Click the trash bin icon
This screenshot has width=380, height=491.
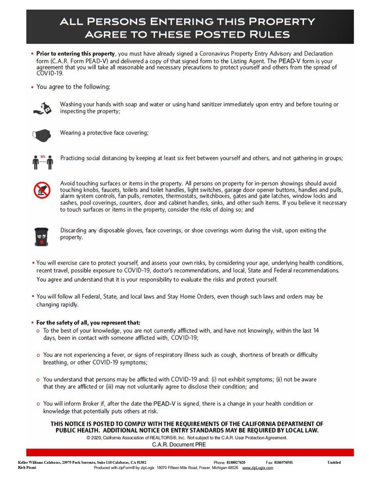(x=41, y=235)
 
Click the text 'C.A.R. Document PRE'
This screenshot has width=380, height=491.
(x=179, y=444)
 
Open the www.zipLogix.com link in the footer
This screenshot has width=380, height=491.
(x=258, y=468)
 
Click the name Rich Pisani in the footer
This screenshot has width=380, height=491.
(x=22, y=468)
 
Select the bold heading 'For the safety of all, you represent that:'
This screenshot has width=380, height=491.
(x=88, y=322)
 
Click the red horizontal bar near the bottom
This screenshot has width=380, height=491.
(x=190, y=453)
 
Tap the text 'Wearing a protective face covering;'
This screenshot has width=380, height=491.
(x=104, y=132)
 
